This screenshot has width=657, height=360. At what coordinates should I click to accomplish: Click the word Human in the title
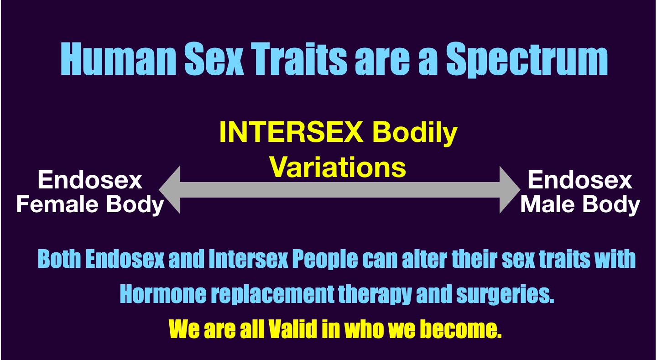click(118, 58)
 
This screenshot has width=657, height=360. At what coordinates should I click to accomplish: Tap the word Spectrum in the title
click(527, 60)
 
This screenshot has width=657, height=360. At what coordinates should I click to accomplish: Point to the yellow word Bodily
click(415, 134)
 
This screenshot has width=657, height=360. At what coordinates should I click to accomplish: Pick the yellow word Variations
click(338, 167)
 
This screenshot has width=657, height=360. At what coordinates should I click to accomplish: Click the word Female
click(57, 204)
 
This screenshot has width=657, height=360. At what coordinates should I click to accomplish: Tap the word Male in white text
click(547, 204)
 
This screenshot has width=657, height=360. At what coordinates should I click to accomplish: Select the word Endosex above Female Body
click(90, 180)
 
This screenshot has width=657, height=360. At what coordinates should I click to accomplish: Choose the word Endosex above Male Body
click(580, 180)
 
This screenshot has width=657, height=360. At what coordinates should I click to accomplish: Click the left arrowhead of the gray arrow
click(170, 190)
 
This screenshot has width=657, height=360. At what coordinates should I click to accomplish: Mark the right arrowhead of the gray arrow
click(510, 190)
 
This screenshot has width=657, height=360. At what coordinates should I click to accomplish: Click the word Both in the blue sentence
click(59, 259)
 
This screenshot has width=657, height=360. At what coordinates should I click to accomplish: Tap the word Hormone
click(163, 294)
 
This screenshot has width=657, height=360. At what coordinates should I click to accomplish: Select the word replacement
click(273, 295)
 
